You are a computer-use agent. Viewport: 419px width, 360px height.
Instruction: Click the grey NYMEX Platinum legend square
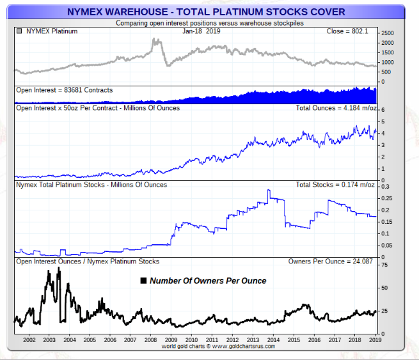pyautogui.click(x=20, y=31)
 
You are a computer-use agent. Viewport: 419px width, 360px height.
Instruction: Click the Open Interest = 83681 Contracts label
pyautogui.click(x=64, y=90)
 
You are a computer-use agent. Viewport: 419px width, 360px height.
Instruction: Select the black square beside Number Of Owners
pyautogui.click(x=144, y=281)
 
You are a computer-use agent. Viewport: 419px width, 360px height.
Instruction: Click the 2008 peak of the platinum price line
pyautogui.click(x=155, y=40)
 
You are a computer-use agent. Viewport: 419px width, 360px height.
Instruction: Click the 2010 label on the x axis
pyautogui.click(x=191, y=340)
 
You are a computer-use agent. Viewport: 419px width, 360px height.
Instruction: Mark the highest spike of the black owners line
pyautogui.click(x=59, y=269)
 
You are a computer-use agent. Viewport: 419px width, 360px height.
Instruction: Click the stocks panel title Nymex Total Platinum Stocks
pyautogui.click(x=91, y=185)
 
